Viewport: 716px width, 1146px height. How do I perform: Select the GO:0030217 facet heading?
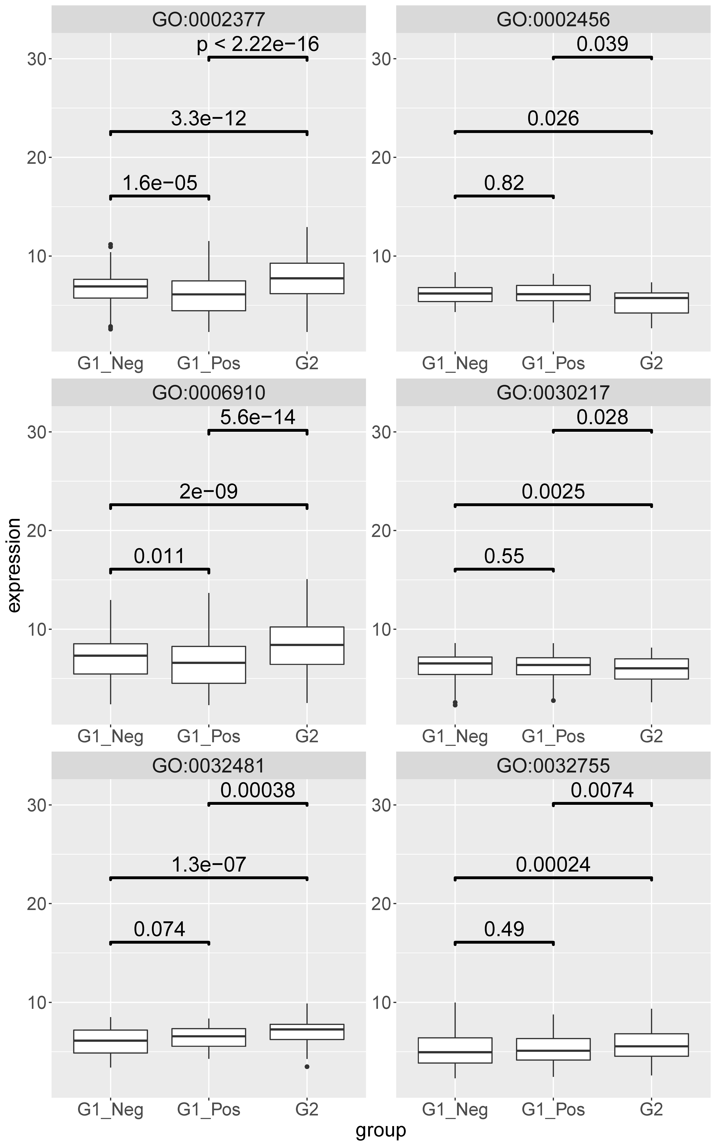pyautogui.click(x=553, y=393)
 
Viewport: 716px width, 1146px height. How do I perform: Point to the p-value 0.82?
pyautogui.click(x=504, y=183)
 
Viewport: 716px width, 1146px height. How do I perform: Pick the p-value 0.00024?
pyautogui.click(x=553, y=865)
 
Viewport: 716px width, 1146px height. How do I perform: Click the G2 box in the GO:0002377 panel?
pyautogui.click(x=307, y=279)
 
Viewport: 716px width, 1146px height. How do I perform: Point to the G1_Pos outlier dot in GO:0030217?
pyautogui.click(x=553, y=700)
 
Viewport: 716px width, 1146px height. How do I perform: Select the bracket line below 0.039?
pyautogui.click(x=602, y=58)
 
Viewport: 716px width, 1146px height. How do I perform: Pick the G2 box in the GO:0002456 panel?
pyautogui.click(x=652, y=303)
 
